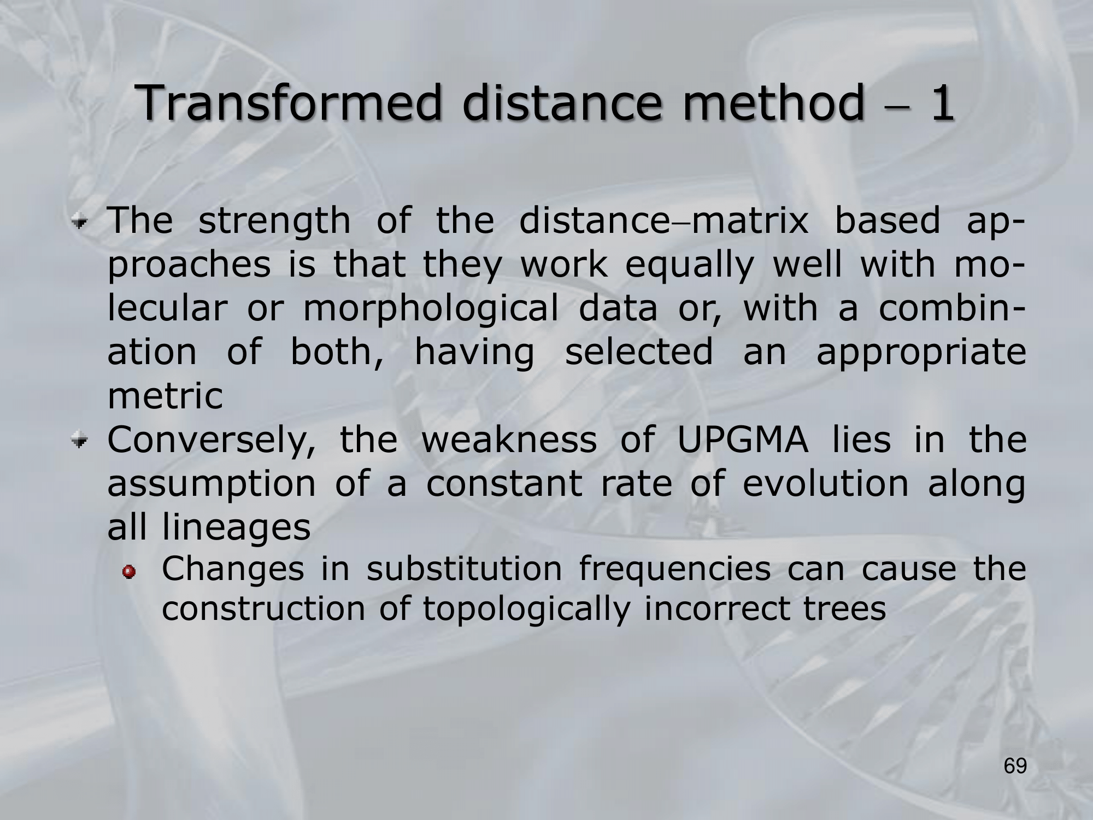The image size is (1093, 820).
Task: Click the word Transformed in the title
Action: pos(290,103)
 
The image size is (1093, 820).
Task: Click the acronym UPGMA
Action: pos(743,441)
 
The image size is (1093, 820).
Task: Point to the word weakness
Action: pos(509,441)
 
